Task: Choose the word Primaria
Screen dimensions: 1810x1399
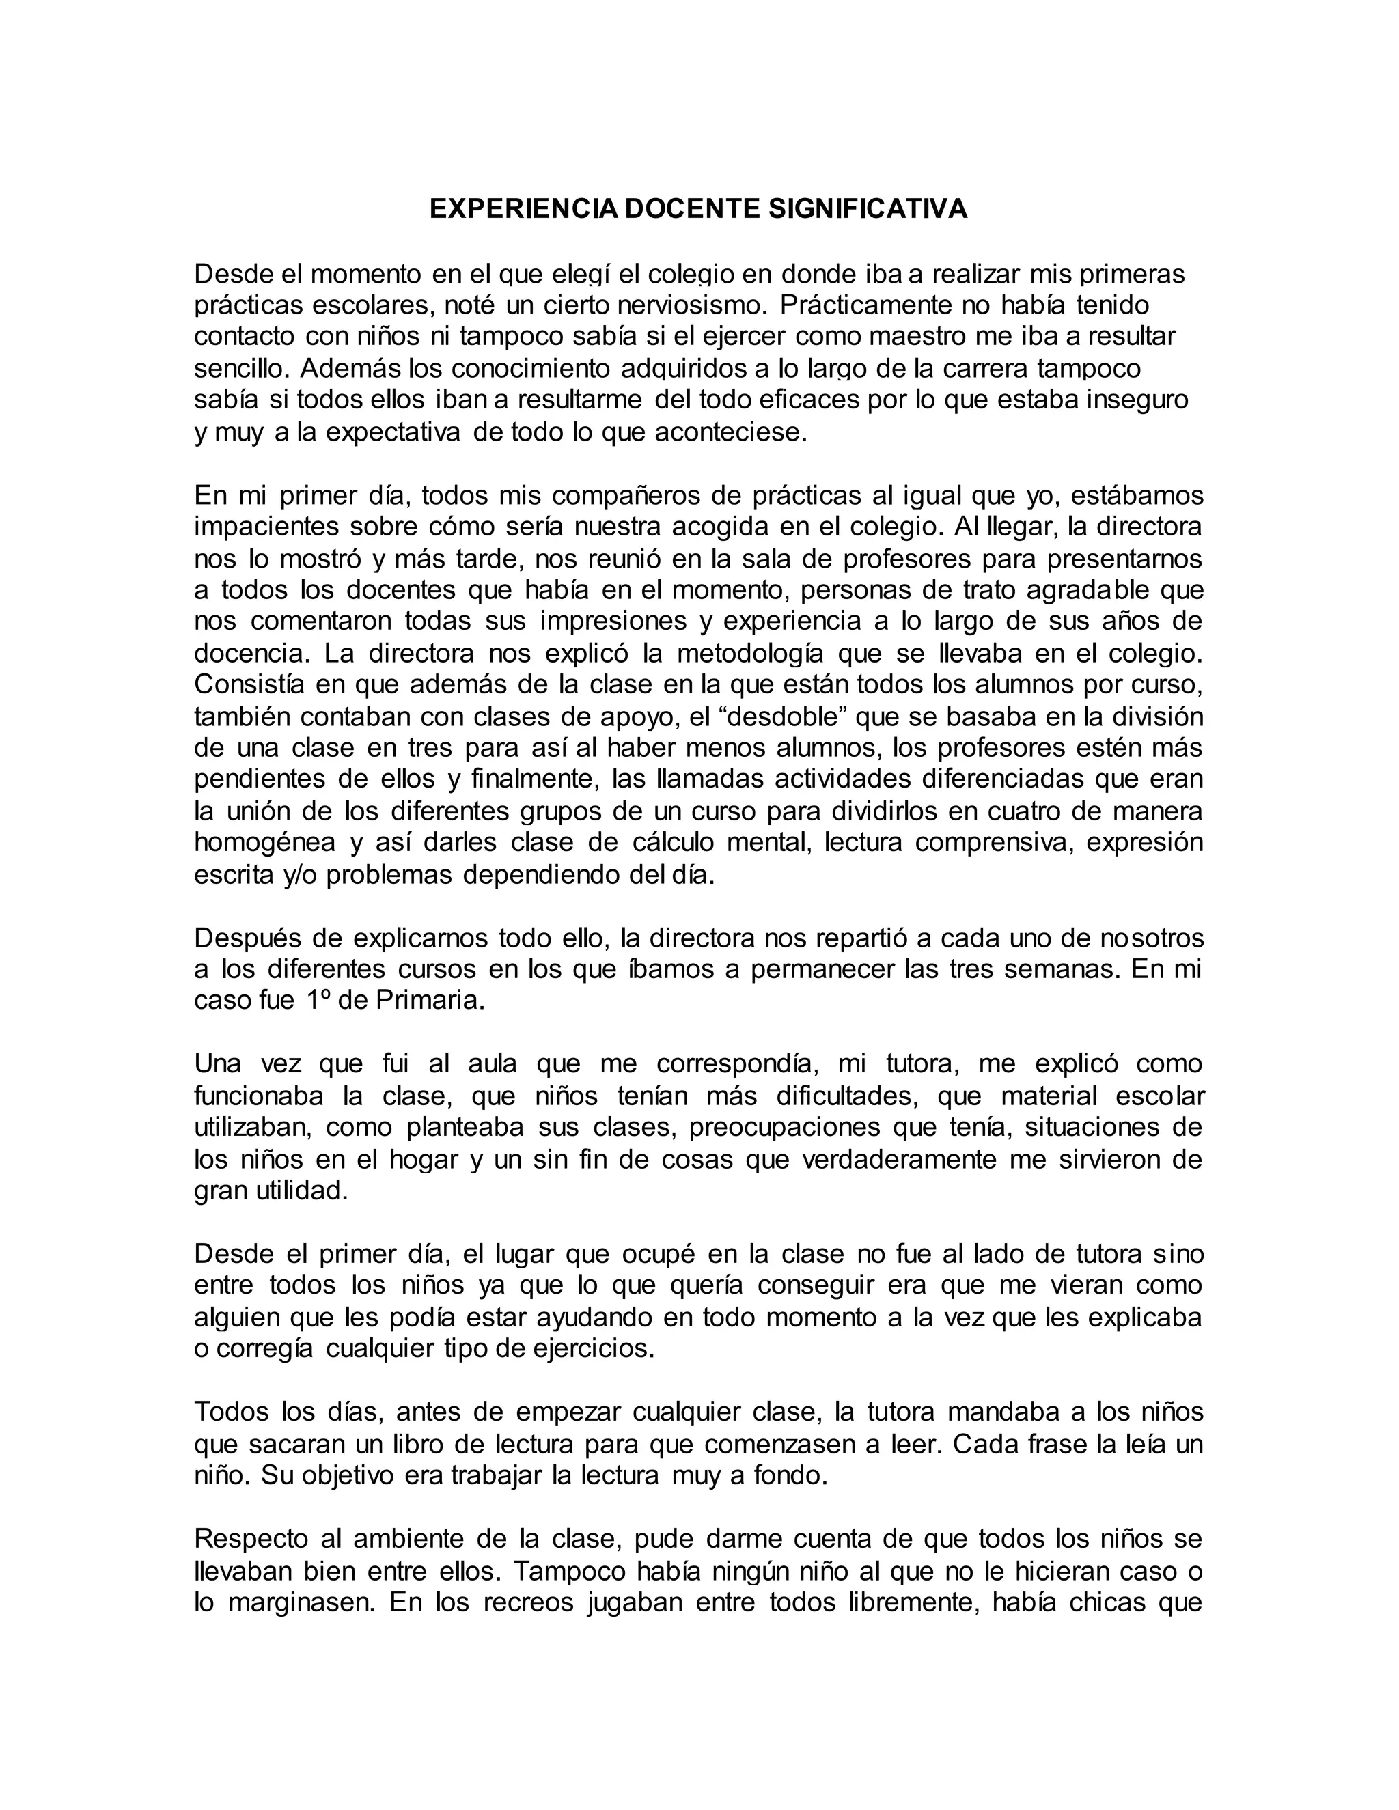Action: click(429, 1001)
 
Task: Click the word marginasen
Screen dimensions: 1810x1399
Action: click(296, 1602)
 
